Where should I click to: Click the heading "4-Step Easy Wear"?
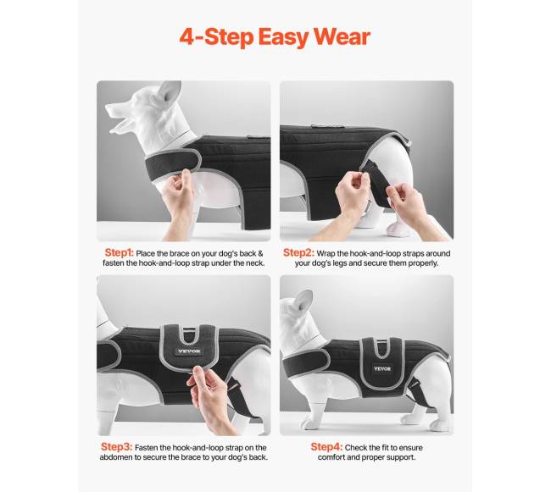point(275,37)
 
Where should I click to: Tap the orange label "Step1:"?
point(120,252)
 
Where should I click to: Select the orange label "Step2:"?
point(298,252)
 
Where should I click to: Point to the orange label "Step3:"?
point(117,447)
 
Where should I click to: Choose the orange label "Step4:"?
point(326,447)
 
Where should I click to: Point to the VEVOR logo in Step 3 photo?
point(189,351)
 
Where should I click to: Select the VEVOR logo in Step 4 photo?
point(382,369)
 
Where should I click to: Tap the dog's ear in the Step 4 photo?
point(304,301)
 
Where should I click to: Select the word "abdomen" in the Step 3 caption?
point(116,457)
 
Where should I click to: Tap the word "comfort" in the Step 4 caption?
point(332,457)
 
